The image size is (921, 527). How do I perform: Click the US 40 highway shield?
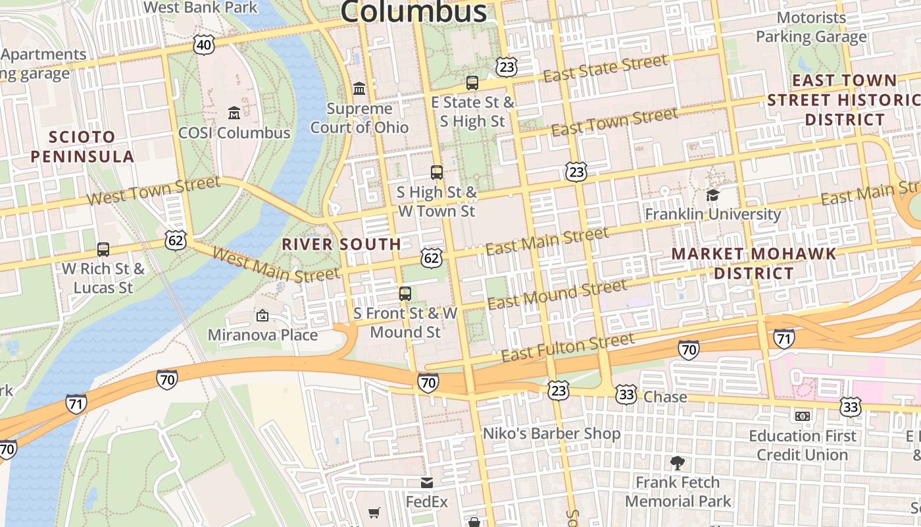(204, 45)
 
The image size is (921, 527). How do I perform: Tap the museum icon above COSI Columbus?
(234, 113)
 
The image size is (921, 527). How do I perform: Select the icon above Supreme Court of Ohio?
(359, 88)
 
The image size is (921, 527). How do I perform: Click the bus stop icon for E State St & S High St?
(472, 83)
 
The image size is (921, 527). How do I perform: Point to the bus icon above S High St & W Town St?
(437, 173)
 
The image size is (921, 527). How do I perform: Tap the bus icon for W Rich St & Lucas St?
(103, 250)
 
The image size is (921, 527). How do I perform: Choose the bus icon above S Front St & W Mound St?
(405, 294)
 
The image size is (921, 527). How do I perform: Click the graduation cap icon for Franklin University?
(712, 195)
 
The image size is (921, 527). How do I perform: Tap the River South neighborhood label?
(341, 244)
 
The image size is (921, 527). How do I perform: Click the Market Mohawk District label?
(754, 263)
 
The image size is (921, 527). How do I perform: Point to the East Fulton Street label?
(568, 348)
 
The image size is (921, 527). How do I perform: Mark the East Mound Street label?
(557, 294)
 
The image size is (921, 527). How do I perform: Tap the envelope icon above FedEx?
(427, 483)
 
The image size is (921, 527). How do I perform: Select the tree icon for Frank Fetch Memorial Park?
(678, 463)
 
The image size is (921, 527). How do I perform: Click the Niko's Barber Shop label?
(551, 433)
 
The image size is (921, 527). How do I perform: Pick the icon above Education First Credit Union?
(802, 416)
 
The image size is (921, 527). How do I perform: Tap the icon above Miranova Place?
(262, 316)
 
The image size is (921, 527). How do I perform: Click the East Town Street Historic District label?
(844, 100)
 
